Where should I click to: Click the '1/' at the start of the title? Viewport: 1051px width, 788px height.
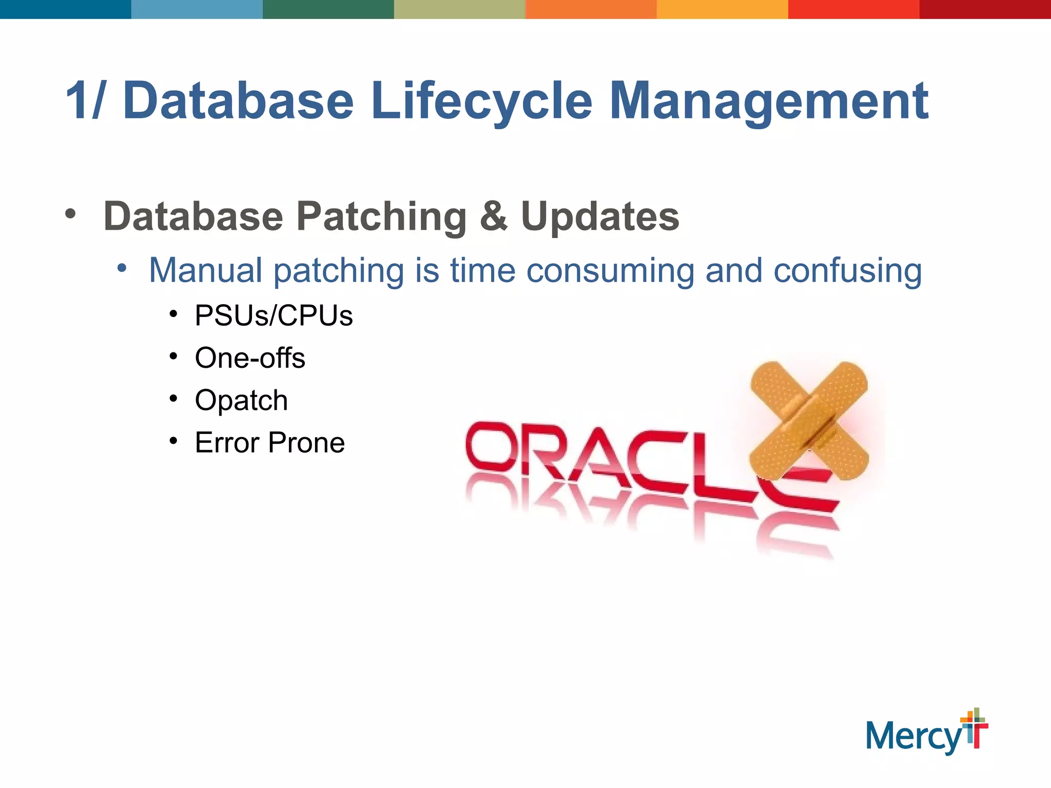point(85,101)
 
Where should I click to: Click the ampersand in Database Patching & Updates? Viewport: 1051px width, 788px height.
point(493,216)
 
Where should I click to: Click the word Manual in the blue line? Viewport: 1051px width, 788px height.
point(205,270)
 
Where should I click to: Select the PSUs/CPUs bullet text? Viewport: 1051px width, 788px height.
point(274,316)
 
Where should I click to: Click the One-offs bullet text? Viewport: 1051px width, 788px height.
point(250,358)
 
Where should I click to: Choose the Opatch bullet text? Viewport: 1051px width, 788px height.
point(241,400)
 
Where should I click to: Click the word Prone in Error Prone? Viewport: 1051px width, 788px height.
point(306,443)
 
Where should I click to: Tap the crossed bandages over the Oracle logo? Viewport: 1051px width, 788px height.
point(809,421)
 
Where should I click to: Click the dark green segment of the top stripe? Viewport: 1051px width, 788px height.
point(328,9)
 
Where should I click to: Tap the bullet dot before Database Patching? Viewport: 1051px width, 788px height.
point(70,214)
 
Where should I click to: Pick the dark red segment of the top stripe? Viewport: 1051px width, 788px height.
point(985,9)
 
